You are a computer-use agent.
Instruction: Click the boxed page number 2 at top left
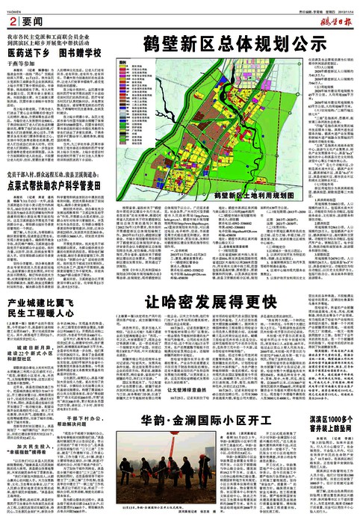coord(13,16)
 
